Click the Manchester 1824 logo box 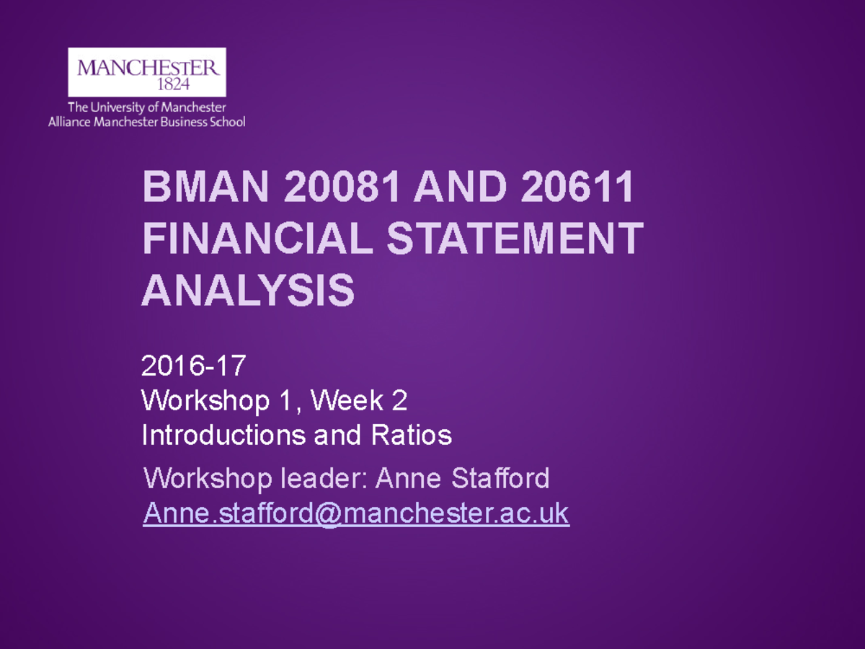[146, 72]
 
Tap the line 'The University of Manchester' [147, 108]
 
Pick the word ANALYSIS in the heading [249, 290]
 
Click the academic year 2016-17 [193, 366]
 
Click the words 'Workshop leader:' [256, 477]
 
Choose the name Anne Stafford [463, 477]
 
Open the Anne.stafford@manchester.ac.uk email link [356, 513]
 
